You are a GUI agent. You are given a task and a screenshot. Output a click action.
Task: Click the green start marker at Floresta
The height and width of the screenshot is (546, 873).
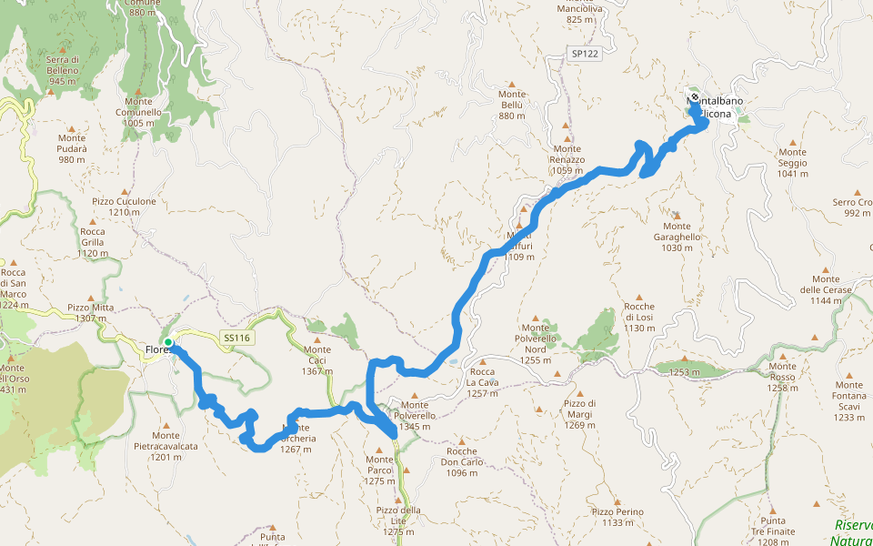coord(168,343)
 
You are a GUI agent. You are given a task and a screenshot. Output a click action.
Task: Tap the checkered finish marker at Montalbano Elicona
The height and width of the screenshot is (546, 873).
coord(695,97)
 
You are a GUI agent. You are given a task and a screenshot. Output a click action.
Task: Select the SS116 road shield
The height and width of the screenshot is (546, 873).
coord(236,339)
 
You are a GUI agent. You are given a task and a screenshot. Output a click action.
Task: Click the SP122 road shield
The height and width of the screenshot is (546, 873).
coord(586,55)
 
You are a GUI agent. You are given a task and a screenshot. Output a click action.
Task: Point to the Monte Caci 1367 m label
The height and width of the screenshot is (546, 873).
coord(317,355)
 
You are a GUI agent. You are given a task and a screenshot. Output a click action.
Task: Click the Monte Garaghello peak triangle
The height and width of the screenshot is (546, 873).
coord(676,215)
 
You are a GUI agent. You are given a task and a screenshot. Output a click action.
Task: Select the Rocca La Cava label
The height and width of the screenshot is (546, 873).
coord(482,382)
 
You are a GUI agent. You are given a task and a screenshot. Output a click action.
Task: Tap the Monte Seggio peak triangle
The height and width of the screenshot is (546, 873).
coord(793,142)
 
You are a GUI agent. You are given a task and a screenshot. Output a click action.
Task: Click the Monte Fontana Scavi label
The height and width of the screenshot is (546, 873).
coord(848,400)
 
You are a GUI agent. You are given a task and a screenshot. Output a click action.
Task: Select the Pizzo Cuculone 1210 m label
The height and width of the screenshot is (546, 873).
coord(124,207)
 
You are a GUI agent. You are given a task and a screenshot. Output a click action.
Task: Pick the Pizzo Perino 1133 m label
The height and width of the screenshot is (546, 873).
coord(617,517)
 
